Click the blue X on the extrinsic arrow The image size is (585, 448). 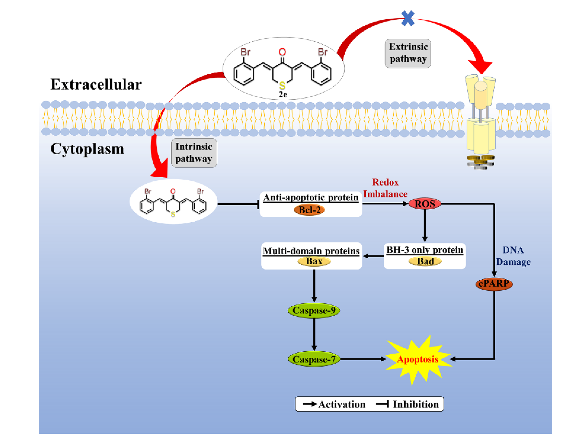coord(408,18)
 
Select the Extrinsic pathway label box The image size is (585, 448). coord(408,53)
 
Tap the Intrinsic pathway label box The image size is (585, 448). coord(194,153)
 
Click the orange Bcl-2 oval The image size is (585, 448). coord(309,210)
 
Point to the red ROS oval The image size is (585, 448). coord(424,204)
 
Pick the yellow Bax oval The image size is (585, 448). coord(314,261)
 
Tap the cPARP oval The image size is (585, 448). coord(494,284)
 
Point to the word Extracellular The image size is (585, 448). coord(96,85)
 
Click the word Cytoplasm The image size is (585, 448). coord(87,149)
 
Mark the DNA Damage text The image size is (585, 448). coord(513,256)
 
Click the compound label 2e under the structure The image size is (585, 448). coord(283,95)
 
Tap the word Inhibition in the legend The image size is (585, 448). coord(416,405)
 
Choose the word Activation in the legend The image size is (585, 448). coord(341,405)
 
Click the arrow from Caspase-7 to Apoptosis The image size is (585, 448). coord(363,359)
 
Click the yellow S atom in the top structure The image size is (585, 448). coord(282,86)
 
